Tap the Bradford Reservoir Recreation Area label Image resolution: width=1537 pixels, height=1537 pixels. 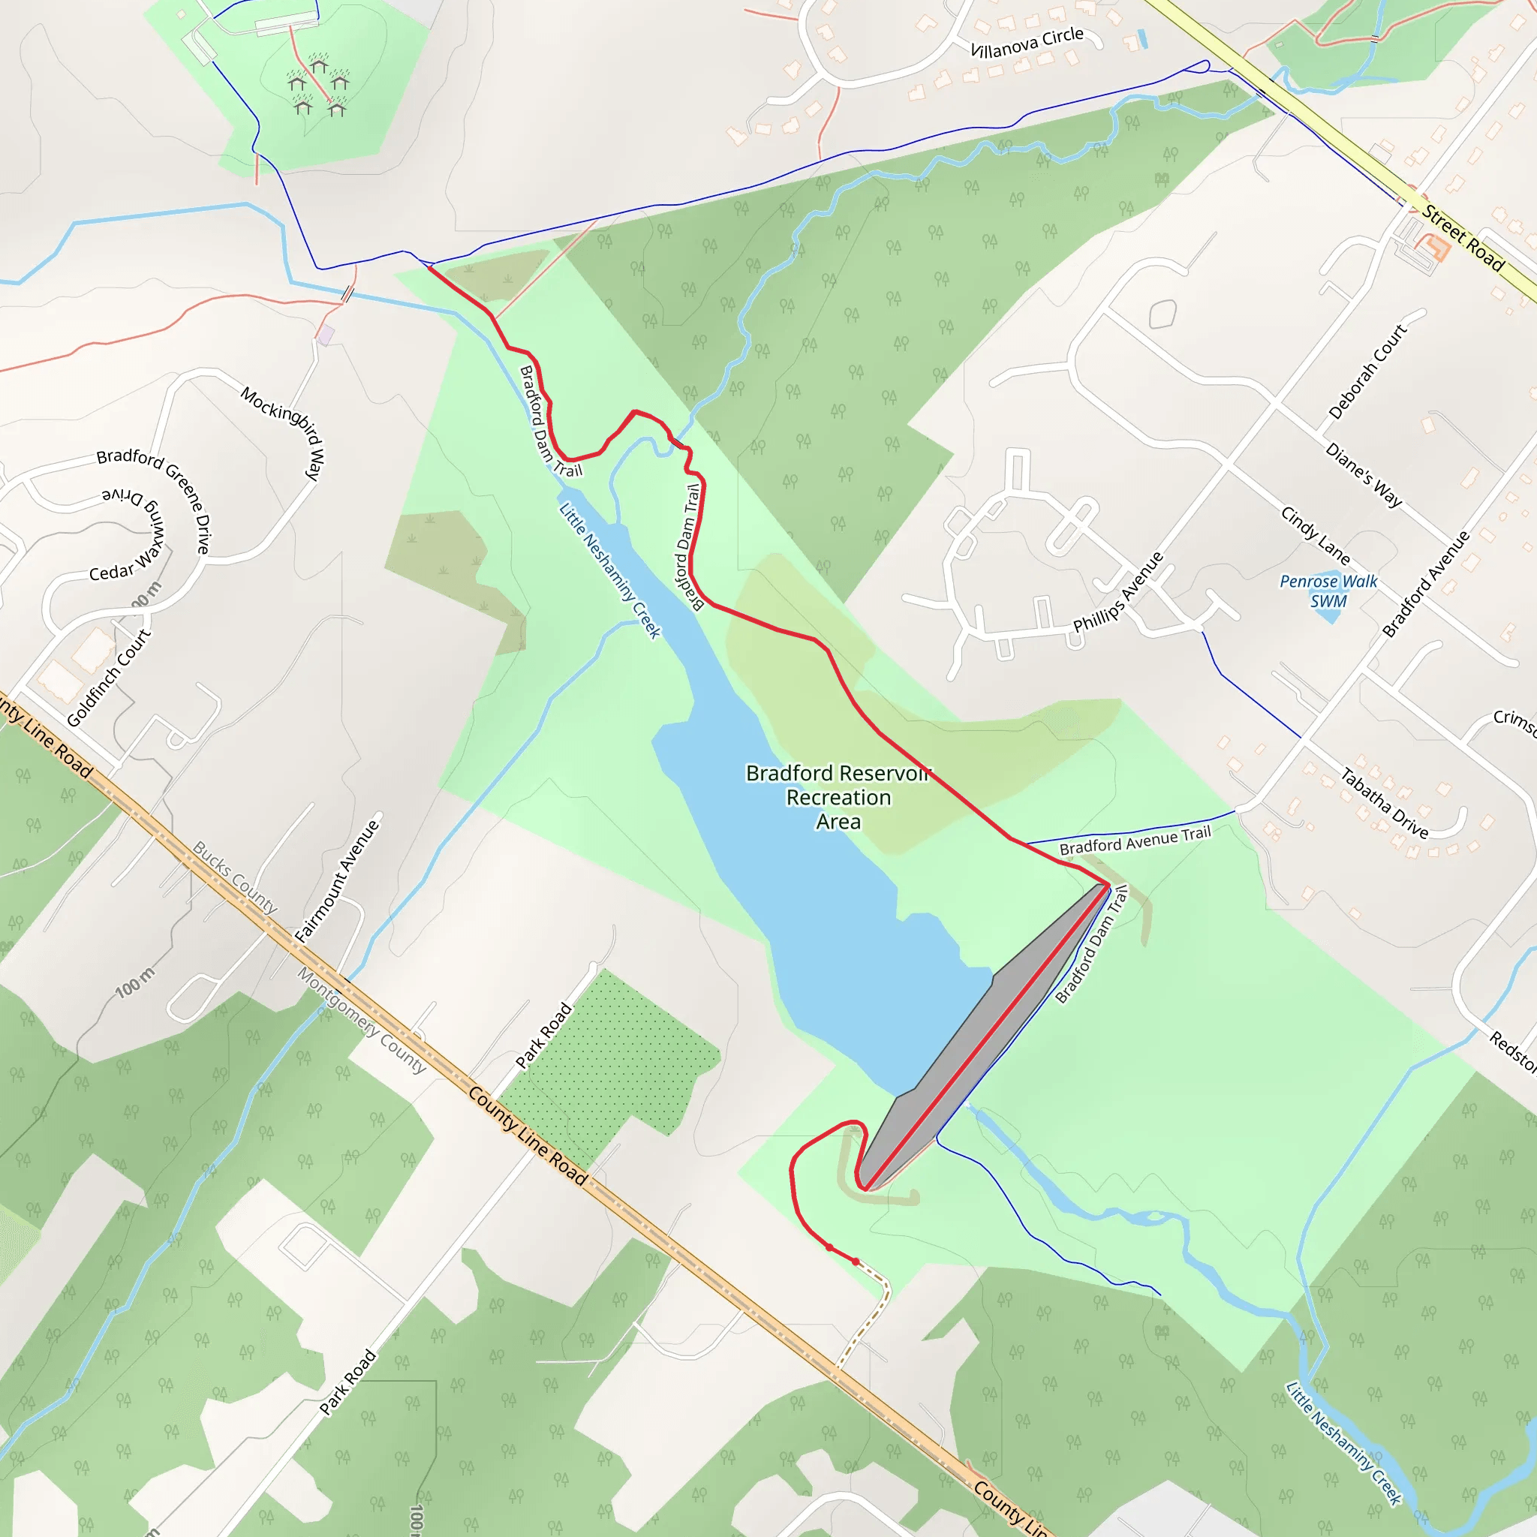pos(838,797)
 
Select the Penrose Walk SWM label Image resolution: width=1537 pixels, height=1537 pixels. pos(1328,591)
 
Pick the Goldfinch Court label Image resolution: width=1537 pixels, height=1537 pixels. pos(108,678)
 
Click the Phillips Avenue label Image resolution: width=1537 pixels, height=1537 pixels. pos(1117,592)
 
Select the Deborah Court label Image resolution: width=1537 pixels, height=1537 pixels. pos(1367,371)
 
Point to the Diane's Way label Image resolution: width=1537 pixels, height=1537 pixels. pos(1364,475)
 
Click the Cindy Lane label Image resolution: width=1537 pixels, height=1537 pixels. pos(1314,535)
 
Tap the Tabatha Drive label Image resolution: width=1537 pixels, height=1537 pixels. pos(1384,803)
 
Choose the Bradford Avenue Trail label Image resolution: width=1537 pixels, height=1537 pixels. pos(1135,841)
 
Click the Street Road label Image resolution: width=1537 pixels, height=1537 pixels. pos(1463,238)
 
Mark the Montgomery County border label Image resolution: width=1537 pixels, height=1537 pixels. pos(362,1021)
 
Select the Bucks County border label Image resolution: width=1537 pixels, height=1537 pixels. pos(236,877)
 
